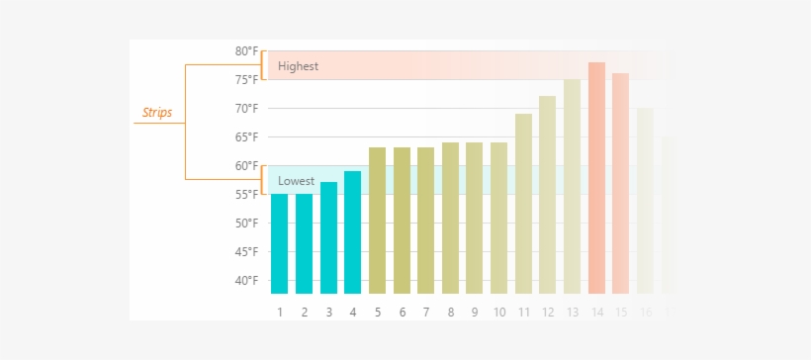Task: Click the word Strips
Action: pos(157,113)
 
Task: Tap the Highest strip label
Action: pos(298,66)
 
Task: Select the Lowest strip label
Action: pos(296,181)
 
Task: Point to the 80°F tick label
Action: pos(246,50)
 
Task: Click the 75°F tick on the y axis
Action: pos(246,79)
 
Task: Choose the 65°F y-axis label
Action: pos(246,136)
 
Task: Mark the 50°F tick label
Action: pos(246,224)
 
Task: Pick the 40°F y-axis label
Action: pos(246,281)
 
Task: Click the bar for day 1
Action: pos(280,243)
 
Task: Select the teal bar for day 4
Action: pos(353,232)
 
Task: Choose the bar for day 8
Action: pos(450,218)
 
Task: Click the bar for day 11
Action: pos(523,204)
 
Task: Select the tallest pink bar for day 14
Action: pos(596,178)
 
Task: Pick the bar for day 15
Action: pos(620,183)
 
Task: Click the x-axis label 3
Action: pos(328,313)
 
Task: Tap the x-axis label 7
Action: pos(426,313)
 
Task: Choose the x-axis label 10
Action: pos(498,313)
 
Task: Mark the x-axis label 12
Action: pos(547,313)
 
